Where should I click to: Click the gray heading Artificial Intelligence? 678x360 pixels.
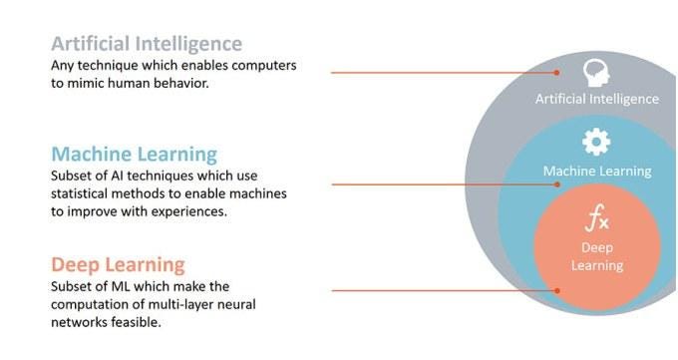click(147, 44)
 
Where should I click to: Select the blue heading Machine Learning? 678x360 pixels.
click(134, 155)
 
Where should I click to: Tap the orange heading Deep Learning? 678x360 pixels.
click(118, 265)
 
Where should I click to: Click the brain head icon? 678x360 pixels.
click(596, 73)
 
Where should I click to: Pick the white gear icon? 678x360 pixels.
click(596, 142)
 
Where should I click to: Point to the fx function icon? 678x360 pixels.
click(597, 218)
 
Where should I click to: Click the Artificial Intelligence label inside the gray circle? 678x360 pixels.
click(597, 99)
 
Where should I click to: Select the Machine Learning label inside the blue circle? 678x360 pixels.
click(597, 172)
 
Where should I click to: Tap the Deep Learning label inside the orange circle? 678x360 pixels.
click(597, 256)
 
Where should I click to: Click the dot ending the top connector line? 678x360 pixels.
click(557, 73)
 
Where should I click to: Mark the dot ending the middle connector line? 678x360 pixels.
click(557, 184)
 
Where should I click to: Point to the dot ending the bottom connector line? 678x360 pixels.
click(557, 291)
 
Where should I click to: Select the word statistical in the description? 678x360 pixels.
click(79, 193)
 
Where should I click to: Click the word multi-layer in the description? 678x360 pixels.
click(180, 304)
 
